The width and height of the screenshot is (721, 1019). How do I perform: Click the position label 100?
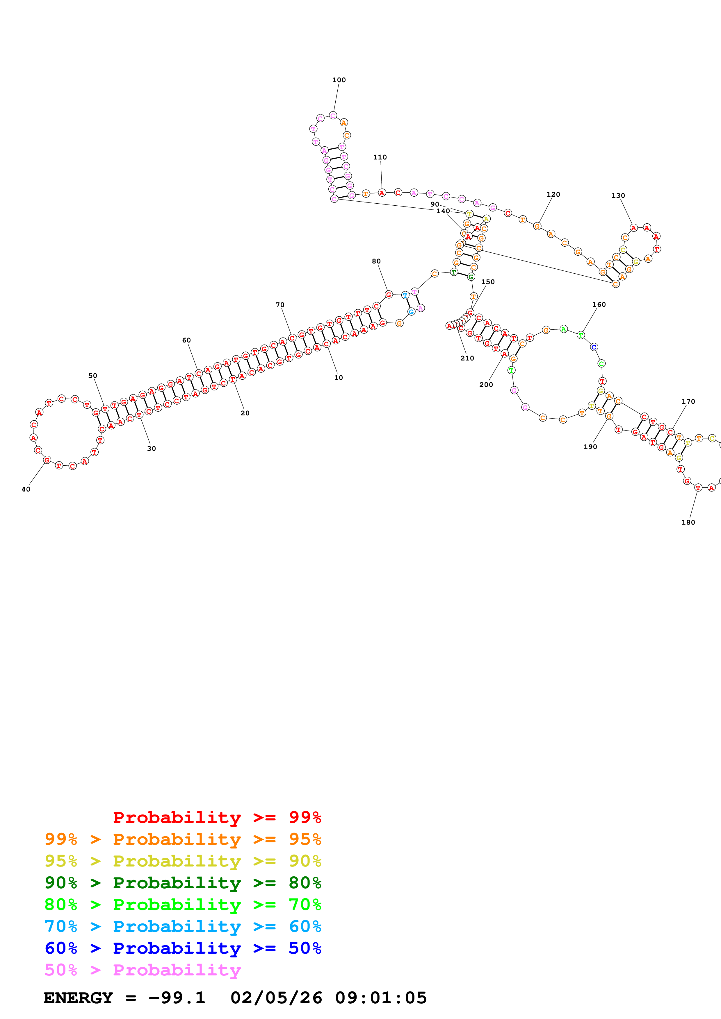coord(339,80)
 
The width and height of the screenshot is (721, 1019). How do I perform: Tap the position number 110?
coord(380,157)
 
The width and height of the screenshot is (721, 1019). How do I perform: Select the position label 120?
coord(553,194)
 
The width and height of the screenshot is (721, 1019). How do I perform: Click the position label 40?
coord(26,489)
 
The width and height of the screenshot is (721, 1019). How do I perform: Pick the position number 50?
coord(92,376)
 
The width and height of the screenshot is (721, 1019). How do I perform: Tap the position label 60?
coord(186,340)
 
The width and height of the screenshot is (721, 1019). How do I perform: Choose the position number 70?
coord(280,304)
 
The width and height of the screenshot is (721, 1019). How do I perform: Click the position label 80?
coord(376,261)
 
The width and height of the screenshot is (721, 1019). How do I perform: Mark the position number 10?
coord(339,377)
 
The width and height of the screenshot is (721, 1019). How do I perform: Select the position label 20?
coord(245,413)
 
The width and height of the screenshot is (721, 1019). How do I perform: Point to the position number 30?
coord(152,448)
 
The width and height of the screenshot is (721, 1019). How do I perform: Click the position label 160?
coord(599,304)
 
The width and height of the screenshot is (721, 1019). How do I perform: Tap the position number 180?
coord(688,522)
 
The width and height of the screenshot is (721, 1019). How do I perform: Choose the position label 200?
coord(486,384)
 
